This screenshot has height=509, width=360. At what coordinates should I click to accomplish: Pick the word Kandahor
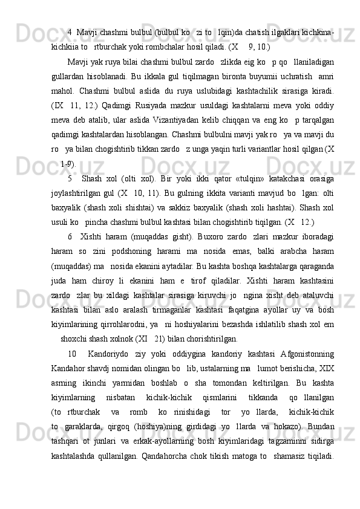tap(70, 351)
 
